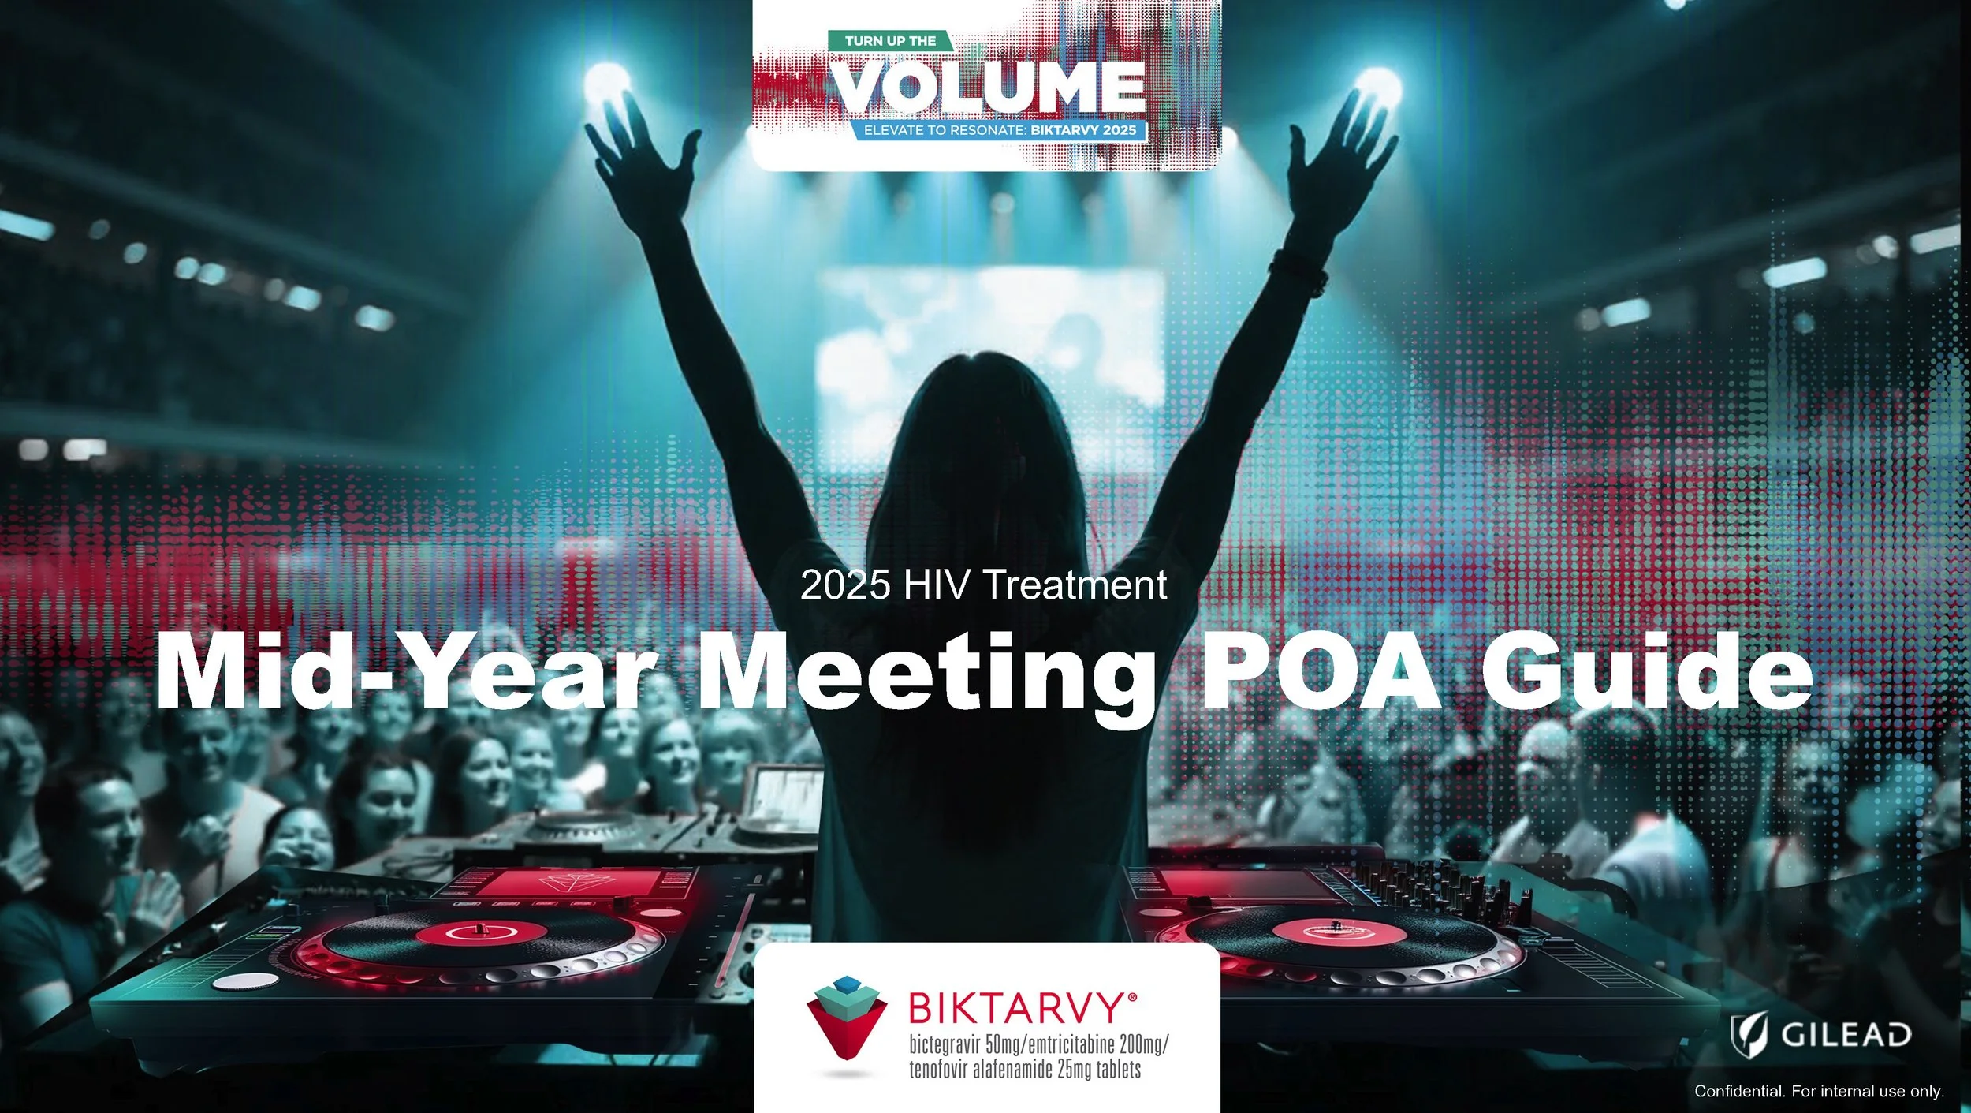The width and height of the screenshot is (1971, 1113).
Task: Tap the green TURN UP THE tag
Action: point(890,41)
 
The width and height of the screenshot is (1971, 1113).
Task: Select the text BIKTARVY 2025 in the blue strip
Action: point(1083,130)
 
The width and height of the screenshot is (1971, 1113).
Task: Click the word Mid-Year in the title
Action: point(406,672)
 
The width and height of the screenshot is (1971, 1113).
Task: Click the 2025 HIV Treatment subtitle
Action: point(983,585)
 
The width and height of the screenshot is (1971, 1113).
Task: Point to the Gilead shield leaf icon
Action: point(1749,1033)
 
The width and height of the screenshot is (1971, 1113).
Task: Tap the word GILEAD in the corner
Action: point(1846,1034)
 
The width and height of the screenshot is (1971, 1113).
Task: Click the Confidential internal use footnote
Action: point(1819,1091)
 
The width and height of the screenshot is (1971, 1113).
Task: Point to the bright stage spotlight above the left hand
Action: point(607,83)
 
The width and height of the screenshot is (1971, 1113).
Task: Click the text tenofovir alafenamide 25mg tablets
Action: point(1025,1070)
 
